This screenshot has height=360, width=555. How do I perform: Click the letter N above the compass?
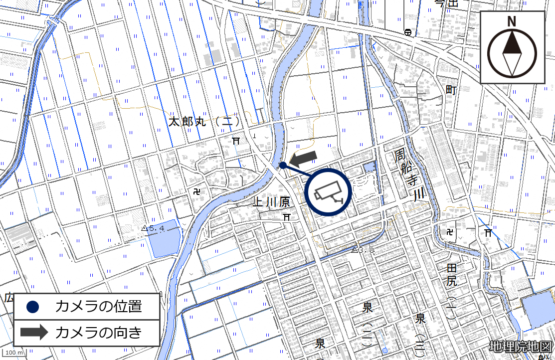tap(511, 21)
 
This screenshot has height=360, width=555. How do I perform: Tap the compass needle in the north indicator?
tap(511, 53)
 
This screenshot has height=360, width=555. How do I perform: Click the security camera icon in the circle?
tap(328, 192)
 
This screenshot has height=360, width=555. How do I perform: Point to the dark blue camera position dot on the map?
tap(282, 165)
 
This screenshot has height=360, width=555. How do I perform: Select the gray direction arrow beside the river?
tap(303, 158)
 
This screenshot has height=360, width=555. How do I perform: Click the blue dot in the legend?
tap(33, 307)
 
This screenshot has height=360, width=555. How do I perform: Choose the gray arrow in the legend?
tap(33, 333)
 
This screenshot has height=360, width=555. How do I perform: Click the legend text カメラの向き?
tap(99, 333)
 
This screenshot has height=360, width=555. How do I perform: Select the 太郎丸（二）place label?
tap(204, 122)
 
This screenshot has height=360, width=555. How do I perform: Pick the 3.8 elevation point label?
tap(364, 250)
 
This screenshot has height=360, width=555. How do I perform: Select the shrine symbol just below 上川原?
tap(286, 217)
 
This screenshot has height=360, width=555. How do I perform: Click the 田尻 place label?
tap(452, 275)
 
